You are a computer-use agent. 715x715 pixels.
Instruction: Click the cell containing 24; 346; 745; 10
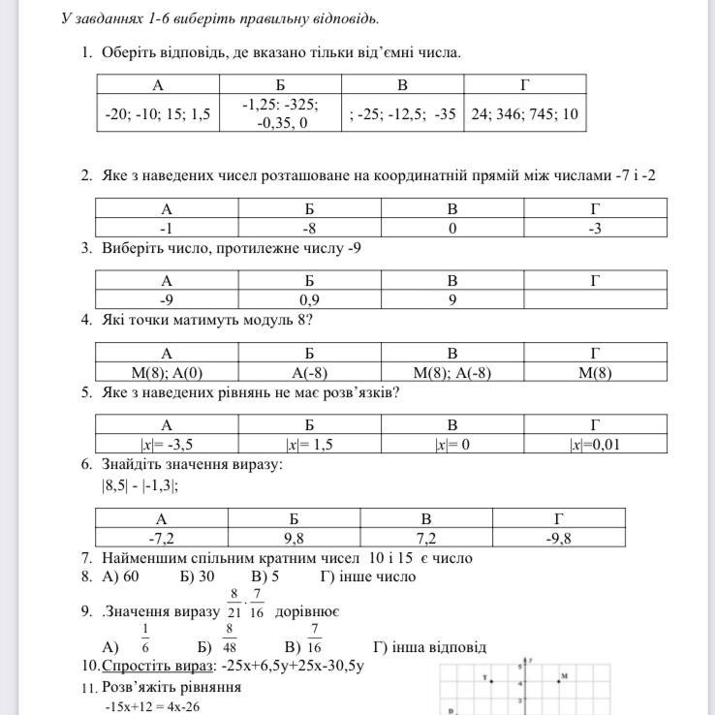(524, 114)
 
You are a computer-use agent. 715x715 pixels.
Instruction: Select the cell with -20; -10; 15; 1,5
(158, 114)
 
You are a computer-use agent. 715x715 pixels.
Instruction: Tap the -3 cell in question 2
(595, 228)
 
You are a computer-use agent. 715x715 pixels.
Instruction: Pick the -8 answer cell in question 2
(309, 228)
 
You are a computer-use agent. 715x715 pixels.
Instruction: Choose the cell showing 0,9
(309, 299)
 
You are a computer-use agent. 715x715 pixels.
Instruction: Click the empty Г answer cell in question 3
(595, 299)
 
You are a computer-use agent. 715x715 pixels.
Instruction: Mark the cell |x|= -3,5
(167, 445)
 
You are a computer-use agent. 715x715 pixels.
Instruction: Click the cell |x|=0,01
(595, 445)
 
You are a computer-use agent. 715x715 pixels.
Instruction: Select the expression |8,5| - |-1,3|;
(140, 486)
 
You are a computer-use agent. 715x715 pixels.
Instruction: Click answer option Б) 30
(198, 576)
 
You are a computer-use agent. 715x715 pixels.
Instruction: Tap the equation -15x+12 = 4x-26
(160, 707)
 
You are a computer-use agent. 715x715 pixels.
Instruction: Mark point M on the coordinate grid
(559, 681)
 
